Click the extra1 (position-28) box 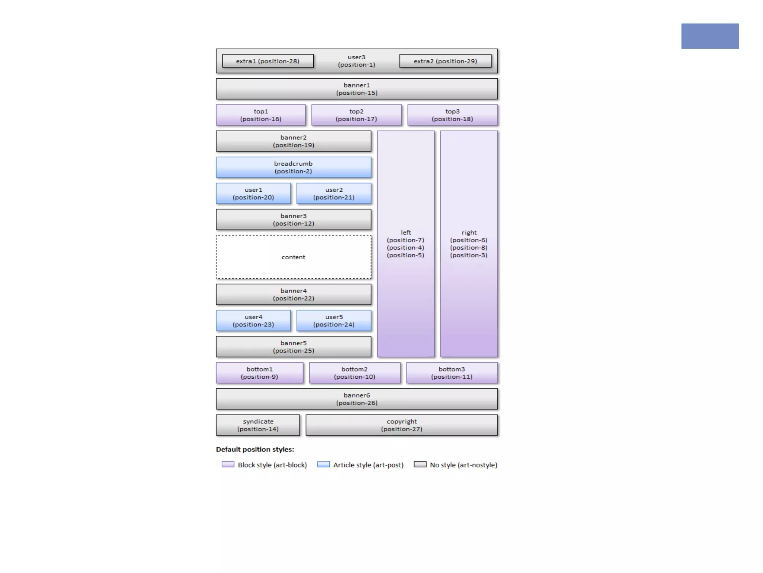267,61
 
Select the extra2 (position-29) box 445,61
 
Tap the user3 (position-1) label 357,61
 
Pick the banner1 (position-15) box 357,89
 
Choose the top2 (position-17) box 356,115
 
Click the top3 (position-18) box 452,115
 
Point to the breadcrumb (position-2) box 293,167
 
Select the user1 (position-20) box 253,193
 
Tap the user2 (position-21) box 334,193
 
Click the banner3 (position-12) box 293,219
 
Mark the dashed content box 293,257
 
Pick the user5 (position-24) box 334,320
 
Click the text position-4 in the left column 405,248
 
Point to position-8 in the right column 469,248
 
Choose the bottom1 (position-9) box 259,373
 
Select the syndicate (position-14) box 258,425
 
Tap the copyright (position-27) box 402,425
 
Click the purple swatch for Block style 228,464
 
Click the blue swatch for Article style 323,464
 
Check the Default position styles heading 255,450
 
